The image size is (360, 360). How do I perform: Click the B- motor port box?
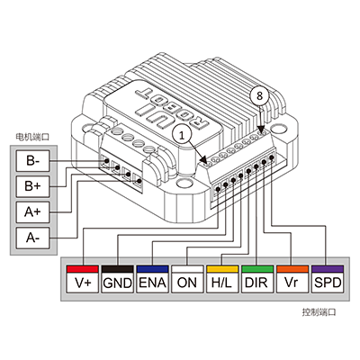click(32, 161)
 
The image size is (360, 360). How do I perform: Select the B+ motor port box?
click(32, 187)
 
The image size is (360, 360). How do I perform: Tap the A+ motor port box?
click(32, 212)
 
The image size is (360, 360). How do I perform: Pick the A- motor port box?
click(32, 238)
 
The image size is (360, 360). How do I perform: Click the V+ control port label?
click(83, 283)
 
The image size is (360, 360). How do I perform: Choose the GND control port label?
click(117, 283)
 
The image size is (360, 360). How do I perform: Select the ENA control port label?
click(152, 283)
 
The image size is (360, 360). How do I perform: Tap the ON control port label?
click(187, 283)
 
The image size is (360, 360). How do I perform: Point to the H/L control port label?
click(222, 283)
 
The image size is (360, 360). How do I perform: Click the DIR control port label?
click(257, 283)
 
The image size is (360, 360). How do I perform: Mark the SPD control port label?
click(328, 283)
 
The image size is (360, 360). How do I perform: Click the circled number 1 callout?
click(182, 136)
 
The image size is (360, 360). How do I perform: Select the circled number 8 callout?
click(259, 95)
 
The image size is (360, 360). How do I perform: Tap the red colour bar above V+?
click(83, 269)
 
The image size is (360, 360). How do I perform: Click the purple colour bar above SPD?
click(328, 269)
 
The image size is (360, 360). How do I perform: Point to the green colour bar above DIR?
click(257, 269)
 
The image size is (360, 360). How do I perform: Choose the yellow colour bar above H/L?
click(222, 269)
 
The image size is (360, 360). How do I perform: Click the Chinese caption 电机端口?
click(32, 137)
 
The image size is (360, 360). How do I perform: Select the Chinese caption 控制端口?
click(319, 312)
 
